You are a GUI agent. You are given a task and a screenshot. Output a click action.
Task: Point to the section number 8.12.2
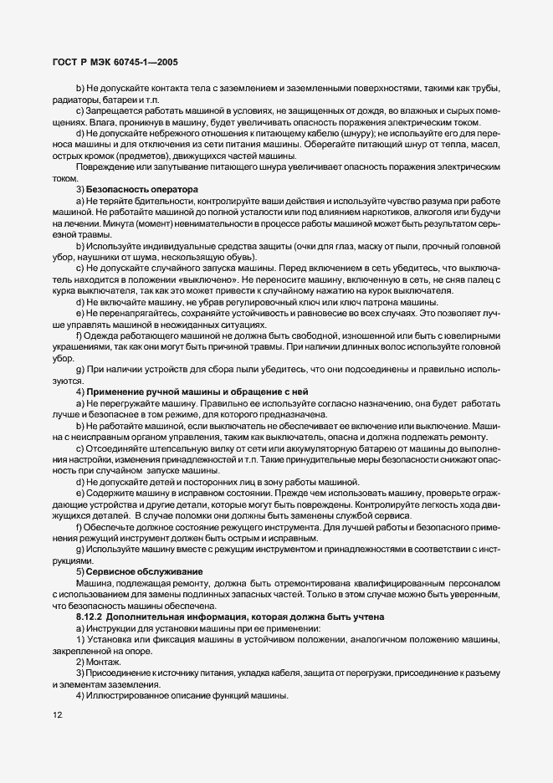point(94,617)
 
